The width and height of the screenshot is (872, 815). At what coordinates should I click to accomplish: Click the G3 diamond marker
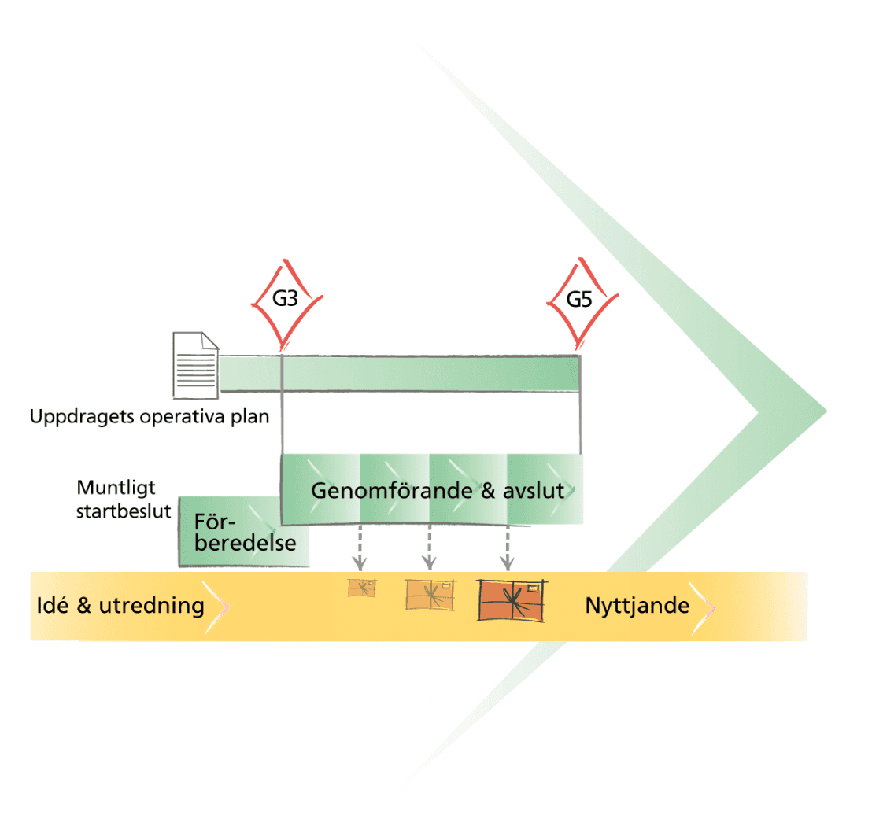[x=286, y=300]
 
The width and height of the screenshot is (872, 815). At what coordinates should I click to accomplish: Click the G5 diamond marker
[x=582, y=300]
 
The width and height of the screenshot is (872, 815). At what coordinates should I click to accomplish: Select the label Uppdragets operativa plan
[x=150, y=416]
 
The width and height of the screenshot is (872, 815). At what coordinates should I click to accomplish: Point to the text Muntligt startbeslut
[x=124, y=499]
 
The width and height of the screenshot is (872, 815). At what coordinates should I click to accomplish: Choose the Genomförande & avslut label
[x=438, y=490]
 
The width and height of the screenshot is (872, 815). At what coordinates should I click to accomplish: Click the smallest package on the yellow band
[x=362, y=588]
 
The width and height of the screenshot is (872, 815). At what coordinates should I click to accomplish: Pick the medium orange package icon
[x=430, y=594]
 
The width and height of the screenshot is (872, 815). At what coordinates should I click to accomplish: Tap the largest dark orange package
[x=513, y=600]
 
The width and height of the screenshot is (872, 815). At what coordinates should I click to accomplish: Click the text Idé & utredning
[x=120, y=606]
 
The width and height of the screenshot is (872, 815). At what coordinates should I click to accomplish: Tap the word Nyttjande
[x=637, y=606]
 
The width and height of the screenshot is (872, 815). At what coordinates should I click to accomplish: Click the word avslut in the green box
[x=536, y=490]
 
